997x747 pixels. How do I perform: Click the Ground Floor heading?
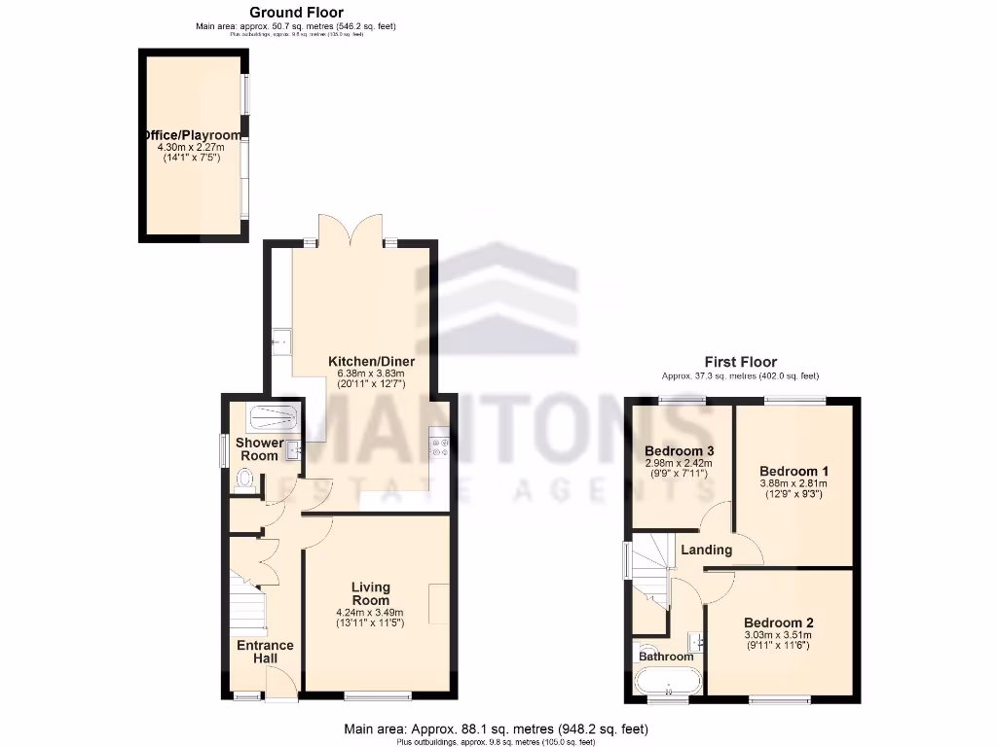point(296,13)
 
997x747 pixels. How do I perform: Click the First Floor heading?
point(741,362)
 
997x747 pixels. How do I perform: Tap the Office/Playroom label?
point(191,135)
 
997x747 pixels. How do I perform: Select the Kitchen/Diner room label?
point(370,361)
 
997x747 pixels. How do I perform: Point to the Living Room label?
point(370,593)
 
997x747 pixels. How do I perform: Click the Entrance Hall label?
point(265,652)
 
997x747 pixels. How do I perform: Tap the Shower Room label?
point(260,449)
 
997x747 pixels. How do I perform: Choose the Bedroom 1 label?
point(794,471)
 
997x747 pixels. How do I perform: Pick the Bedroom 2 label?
point(778,622)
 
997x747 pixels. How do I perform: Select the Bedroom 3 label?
point(680,451)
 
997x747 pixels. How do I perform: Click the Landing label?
point(706,550)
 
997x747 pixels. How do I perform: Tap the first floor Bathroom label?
point(666,657)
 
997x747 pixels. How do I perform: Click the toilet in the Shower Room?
point(246,480)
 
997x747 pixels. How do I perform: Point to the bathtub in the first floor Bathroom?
point(667,681)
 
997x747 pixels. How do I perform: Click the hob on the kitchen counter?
point(439,445)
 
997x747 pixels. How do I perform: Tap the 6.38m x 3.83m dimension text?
point(370,373)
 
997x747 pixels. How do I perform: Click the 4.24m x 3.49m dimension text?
point(370,612)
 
